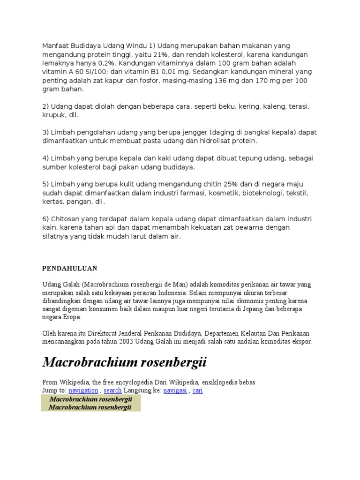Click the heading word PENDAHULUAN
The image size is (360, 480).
[x=69, y=269]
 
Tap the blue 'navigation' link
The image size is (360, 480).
[x=83, y=390]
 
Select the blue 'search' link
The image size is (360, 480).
[x=112, y=390]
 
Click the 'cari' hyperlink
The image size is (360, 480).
[x=198, y=390]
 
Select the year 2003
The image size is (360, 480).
[x=119, y=342]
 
